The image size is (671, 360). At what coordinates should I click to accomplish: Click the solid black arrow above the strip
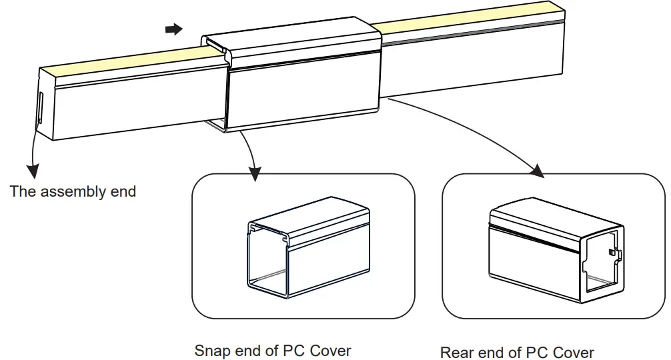click(173, 29)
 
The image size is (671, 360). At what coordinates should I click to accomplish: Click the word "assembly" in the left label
click(70, 192)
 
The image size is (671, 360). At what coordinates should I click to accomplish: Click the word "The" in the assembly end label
click(23, 192)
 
